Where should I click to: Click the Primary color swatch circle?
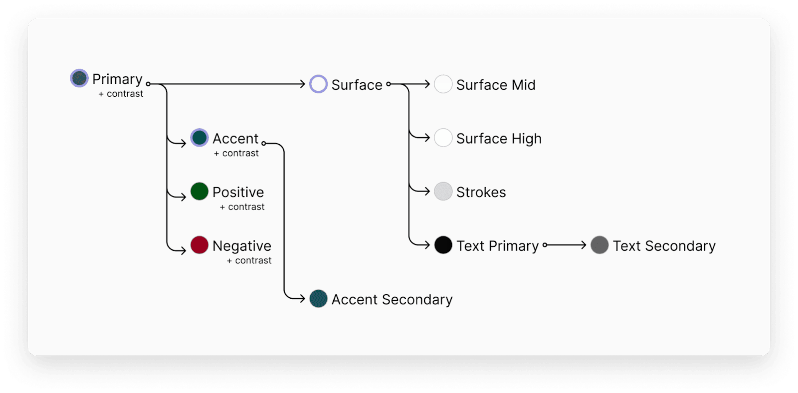(79, 78)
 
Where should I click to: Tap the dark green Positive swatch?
(199, 192)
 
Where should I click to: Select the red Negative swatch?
(199, 245)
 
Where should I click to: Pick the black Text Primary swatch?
(443, 245)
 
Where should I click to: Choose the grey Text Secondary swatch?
(599, 245)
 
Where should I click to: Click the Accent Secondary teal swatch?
(319, 299)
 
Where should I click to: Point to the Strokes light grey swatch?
(443, 192)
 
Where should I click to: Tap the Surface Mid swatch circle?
(443, 84)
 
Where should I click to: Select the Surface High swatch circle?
(443, 138)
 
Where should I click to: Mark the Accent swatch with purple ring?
(199, 138)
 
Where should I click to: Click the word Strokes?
(481, 193)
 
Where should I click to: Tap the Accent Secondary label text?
(392, 300)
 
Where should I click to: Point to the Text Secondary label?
(664, 246)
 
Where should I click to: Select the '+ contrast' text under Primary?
(121, 94)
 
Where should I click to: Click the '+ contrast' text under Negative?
(249, 260)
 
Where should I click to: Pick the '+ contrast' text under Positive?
(242, 206)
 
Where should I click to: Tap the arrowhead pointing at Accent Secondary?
(302, 299)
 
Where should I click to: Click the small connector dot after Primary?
(148, 84)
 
